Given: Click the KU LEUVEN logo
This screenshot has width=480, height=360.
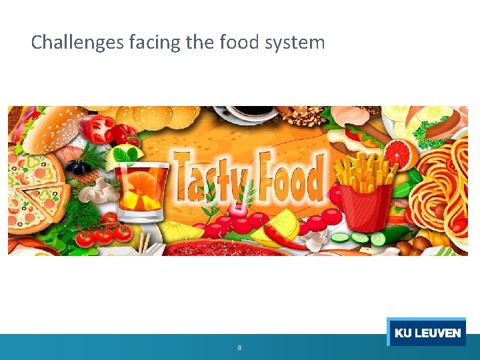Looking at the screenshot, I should coord(427,332).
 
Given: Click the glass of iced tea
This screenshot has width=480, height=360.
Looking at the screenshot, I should coord(140,187).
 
